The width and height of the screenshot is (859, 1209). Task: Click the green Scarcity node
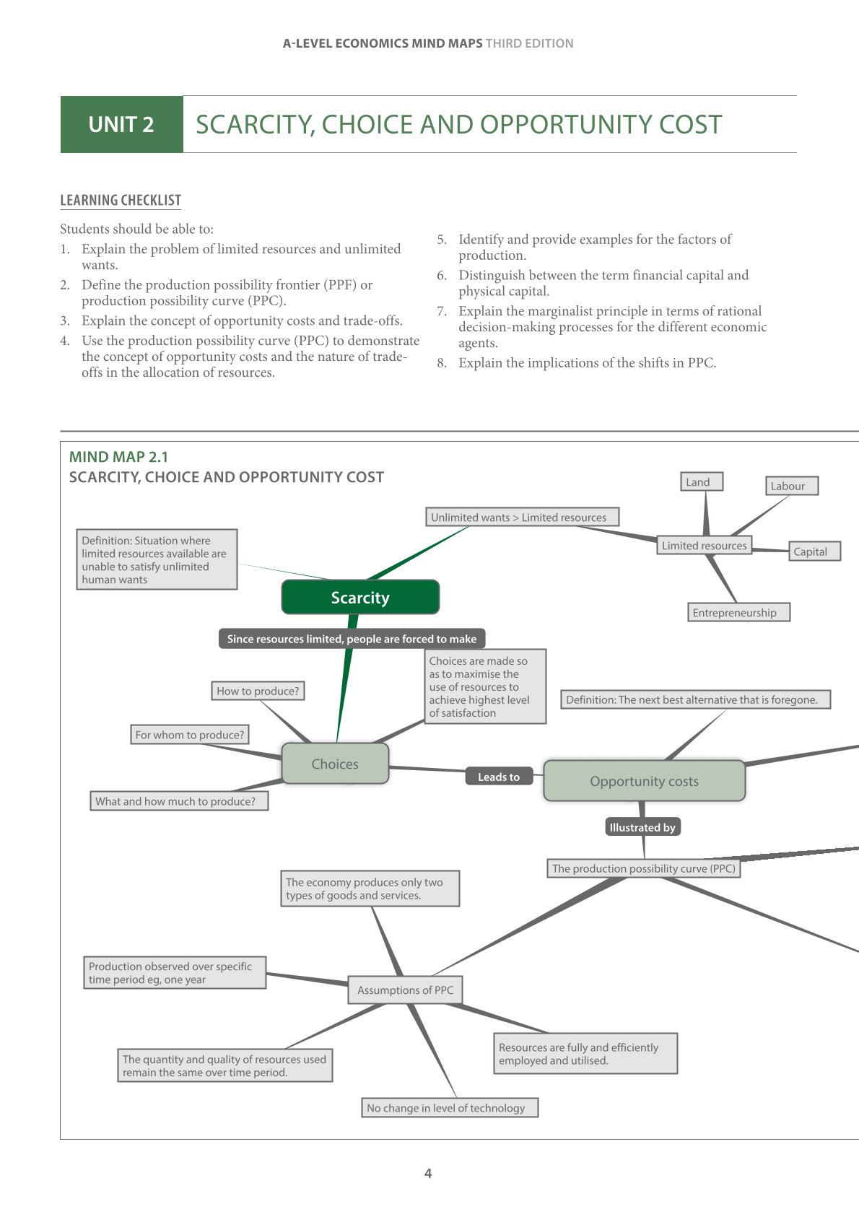(360, 597)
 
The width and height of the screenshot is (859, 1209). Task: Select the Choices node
(335, 764)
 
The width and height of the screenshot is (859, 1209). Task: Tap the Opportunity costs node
(644, 781)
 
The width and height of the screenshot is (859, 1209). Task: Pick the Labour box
(791, 486)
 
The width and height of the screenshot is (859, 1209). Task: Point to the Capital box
(814, 551)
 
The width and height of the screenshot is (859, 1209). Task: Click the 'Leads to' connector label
(499, 777)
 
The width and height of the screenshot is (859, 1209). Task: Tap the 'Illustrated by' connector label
(642, 827)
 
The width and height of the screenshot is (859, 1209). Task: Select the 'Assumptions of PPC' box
(405, 990)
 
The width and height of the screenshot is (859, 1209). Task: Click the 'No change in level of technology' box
(449, 1107)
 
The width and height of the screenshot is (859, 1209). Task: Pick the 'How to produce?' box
(258, 691)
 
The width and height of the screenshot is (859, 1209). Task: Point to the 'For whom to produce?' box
(190, 735)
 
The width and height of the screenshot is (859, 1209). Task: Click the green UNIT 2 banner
(121, 124)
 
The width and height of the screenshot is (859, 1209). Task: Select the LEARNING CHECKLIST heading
(121, 201)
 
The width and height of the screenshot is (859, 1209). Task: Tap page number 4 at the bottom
(428, 1174)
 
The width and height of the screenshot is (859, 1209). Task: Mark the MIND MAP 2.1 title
(118, 456)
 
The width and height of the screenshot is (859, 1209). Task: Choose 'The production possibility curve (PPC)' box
(644, 868)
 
